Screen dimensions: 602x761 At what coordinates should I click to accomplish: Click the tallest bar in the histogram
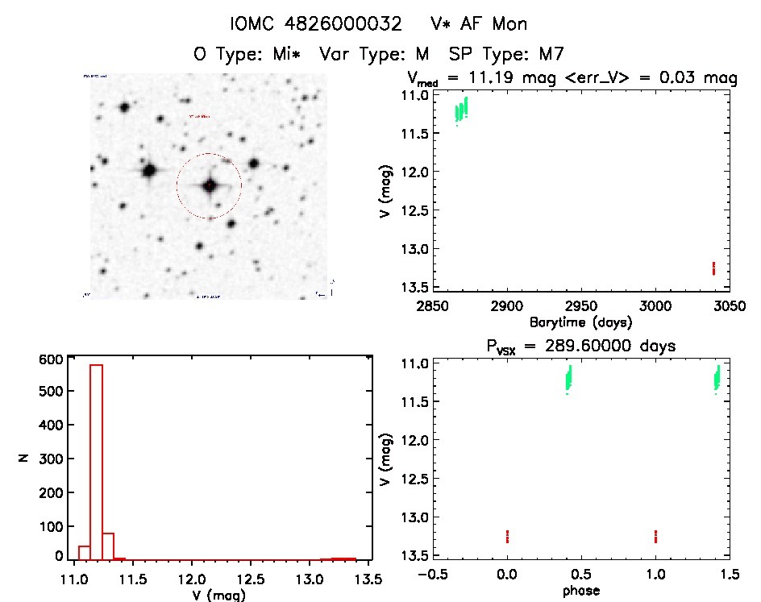click(x=96, y=459)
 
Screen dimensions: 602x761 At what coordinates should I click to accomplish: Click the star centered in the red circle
click(x=210, y=185)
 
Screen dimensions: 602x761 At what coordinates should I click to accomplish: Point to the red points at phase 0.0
click(x=507, y=536)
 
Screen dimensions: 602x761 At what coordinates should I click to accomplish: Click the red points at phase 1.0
click(x=656, y=536)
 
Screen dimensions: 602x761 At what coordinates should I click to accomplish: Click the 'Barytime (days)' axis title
click(x=580, y=322)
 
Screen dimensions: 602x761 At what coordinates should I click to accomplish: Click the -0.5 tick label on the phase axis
click(x=429, y=575)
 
